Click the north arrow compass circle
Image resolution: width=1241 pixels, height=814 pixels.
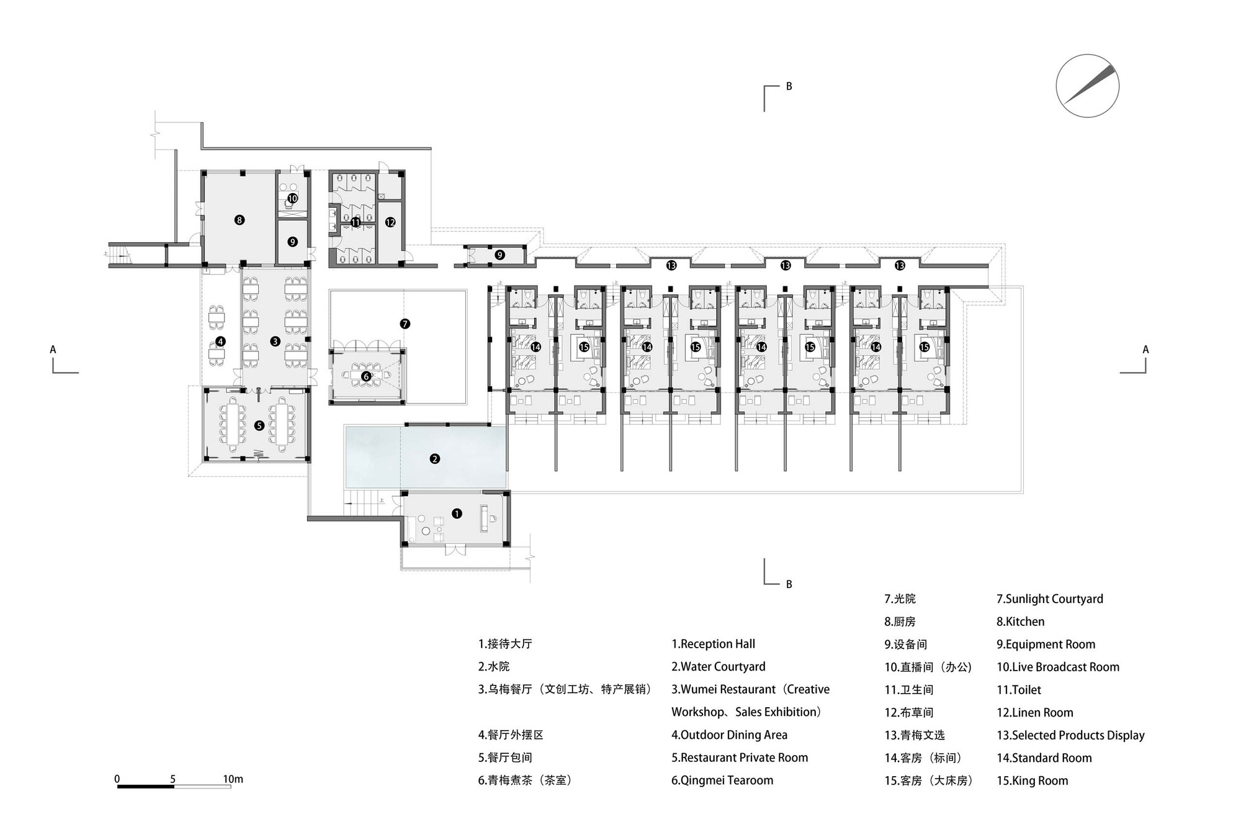[x=1087, y=86]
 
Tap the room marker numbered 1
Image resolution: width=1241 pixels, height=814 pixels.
[x=457, y=513]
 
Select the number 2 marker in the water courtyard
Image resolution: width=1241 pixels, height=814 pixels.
[x=434, y=459]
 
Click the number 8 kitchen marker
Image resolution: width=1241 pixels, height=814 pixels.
[x=240, y=219]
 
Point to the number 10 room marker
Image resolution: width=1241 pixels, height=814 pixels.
[x=292, y=199]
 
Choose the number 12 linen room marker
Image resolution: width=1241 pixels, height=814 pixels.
[x=390, y=222]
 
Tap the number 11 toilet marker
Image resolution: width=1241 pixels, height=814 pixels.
[x=356, y=222]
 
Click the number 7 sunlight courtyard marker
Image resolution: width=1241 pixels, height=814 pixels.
[x=405, y=323]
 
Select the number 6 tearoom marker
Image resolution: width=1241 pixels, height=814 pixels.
[x=366, y=376]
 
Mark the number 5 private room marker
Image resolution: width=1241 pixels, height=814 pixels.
[x=259, y=426]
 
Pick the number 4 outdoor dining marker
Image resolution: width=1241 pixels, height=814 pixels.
[x=220, y=341]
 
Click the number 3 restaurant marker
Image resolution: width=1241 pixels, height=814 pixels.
[x=276, y=341]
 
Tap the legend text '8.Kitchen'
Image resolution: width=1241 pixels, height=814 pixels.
[x=1020, y=622]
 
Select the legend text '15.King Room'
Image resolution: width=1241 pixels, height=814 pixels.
[x=1032, y=780]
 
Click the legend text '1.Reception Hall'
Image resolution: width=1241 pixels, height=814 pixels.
[x=713, y=644]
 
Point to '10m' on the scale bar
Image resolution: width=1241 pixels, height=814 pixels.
[x=233, y=779]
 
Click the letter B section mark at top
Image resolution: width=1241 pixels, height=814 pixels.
[x=789, y=86]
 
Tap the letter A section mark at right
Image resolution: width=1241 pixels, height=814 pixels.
[x=1145, y=350]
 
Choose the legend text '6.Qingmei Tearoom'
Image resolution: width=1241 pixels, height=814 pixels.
[x=722, y=780]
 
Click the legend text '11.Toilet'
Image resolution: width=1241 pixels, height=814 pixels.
[x=1018, y=690]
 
